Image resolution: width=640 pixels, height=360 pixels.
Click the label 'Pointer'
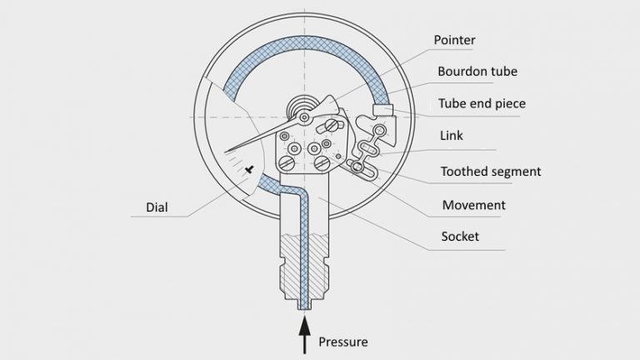[455, 40]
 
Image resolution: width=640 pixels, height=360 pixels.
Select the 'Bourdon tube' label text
[477, 72]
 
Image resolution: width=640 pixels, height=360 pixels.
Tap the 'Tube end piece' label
[482, 104]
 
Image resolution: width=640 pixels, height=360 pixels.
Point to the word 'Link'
[452, 135]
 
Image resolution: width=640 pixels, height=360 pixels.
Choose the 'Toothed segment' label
[491, 172]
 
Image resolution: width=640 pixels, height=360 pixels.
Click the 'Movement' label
[473, 205]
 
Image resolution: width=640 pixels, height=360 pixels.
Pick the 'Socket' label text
[460, 237]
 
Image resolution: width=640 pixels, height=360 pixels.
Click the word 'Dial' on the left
[157, 207]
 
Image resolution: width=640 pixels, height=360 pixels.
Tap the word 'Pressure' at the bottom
[342, 342]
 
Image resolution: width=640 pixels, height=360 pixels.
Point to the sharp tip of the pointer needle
[227, 151]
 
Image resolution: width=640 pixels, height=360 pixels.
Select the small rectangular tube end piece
[382, 109]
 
